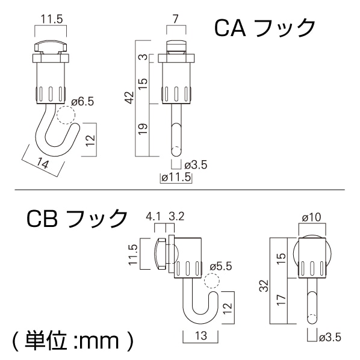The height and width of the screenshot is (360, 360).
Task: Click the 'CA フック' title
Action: tap(265, 27)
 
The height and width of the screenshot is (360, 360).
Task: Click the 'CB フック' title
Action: tap(76, 218)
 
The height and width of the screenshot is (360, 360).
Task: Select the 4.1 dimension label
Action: tap(153, 216)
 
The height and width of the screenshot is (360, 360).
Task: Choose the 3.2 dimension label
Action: tap(177, 216)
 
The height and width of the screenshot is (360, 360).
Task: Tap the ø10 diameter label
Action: tap(312, 215)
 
